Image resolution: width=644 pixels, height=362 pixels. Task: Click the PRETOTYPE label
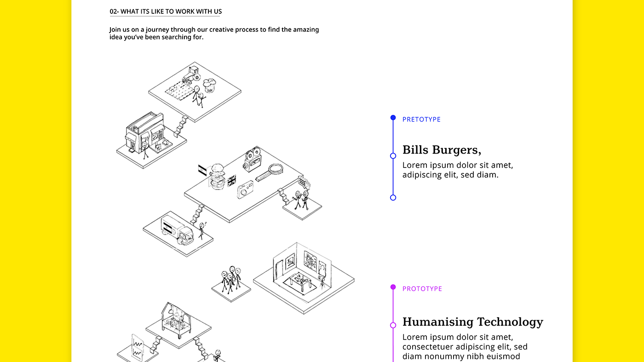click(x=421, y=120)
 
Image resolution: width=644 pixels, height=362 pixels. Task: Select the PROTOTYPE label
click(x=422, y=289)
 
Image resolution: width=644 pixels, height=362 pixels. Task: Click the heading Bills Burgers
click(x=442, y=150)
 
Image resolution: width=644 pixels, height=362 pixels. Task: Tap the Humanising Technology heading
click(x=472, y=322)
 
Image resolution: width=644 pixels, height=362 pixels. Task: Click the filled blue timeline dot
click(x=393, y=118)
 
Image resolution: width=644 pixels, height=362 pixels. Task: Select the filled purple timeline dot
click(x=393, y=287)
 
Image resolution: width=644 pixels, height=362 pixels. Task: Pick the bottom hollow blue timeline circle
click(x=393, y=198)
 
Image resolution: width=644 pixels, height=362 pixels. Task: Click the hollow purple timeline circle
click(x=393, y=325)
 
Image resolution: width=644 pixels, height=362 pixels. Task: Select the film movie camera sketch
click(x=252, y=159)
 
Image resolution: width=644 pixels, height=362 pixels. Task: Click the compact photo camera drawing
click(x=245, y=190)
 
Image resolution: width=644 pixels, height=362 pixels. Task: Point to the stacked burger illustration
click(x=217, y=176)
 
